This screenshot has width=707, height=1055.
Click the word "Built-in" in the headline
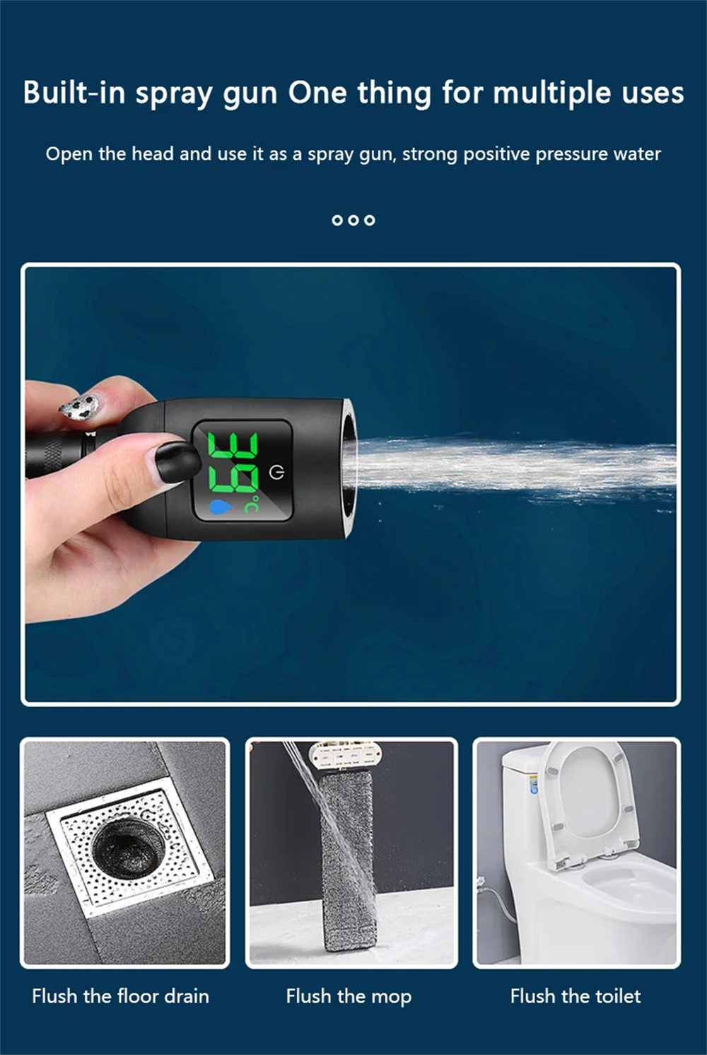click(74, 92)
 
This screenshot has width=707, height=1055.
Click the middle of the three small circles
click(353, 220)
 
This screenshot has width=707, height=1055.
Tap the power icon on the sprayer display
click(276, 473)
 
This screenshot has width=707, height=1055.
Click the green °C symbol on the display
click(252, 504)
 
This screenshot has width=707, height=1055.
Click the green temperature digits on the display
click(233, 463)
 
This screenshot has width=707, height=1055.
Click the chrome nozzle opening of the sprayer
click(349, 468)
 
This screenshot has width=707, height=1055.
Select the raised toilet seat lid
click(588, 801)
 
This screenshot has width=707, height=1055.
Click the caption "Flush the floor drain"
click(120, 996)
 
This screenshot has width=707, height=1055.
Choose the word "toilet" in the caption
click(618, 996)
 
